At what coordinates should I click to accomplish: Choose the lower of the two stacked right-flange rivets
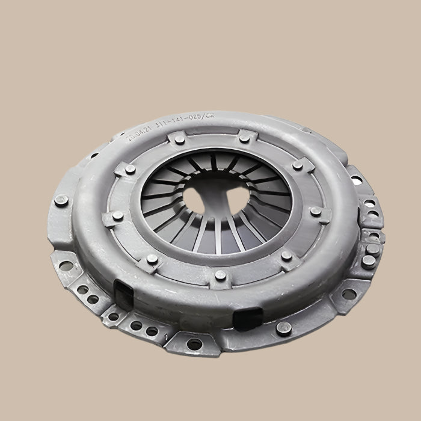click(366, 260)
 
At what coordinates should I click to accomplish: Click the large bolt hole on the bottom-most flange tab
click(194, 344)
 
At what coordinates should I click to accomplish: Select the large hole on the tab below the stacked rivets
click(347, 294)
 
